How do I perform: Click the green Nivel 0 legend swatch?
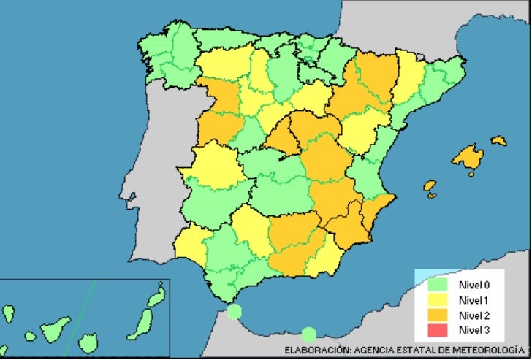(437, 283)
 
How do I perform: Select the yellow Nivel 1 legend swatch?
(437, 299)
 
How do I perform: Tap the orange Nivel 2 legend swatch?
(437, 315)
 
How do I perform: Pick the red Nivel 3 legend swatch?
(437, 331)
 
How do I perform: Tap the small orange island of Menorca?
(499, 139)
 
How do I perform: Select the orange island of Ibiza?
(430, 188)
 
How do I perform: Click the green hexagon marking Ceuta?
(234, 312)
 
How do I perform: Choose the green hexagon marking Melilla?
(309, 334)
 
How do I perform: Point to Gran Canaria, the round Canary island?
(88, 341)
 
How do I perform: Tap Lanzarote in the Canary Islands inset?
(156, 296)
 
